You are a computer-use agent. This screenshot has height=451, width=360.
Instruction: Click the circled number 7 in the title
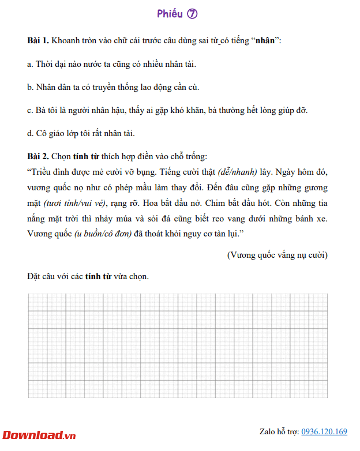coord(192,14)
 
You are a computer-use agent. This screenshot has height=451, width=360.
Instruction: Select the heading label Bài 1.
coord(38,42)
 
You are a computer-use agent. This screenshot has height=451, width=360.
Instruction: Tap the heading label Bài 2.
coord(38,156)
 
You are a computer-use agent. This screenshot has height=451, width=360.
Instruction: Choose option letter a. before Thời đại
coord(30,65)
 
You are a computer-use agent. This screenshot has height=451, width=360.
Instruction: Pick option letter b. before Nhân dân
coord(31,88)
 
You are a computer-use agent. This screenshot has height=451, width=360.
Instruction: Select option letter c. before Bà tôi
coord(30,110)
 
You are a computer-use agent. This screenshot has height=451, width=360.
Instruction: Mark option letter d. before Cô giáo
coord(31,133)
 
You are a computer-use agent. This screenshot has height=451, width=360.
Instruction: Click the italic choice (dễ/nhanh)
coord(237,172)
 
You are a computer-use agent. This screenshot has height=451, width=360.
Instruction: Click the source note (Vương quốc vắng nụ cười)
coord(277,254)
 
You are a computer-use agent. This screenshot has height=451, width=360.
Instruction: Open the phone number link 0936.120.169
coord(324,431)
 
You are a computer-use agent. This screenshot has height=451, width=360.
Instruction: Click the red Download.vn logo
coord(39,434)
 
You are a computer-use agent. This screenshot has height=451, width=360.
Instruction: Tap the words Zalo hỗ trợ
coord(279,431)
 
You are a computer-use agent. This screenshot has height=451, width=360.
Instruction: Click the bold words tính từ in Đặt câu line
coord(100,276)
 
